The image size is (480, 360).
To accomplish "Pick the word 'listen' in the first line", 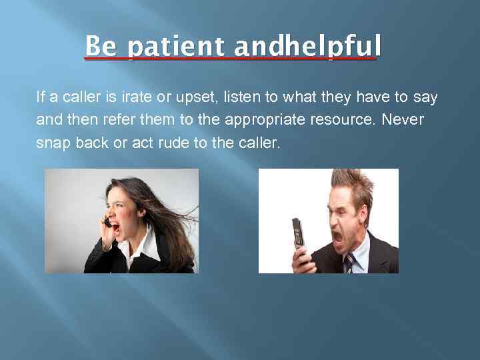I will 241,97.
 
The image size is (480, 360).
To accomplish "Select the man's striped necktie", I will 349,263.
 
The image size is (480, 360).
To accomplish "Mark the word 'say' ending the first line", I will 425,97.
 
